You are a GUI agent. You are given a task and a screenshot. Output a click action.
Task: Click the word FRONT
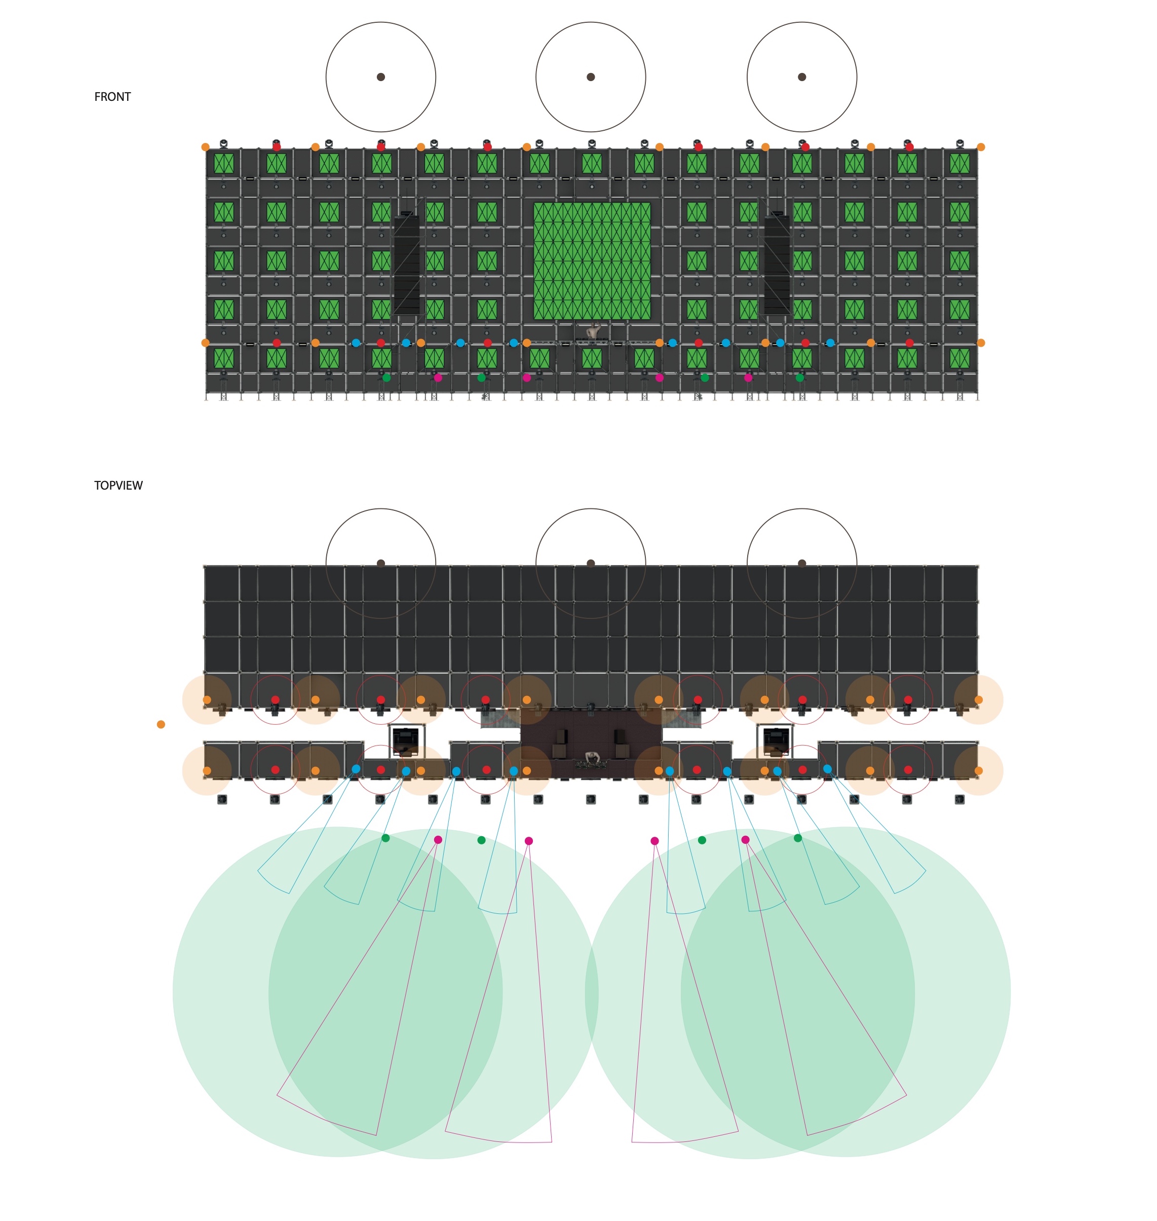click(x=112, y=97)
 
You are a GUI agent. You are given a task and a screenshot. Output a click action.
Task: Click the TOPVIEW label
click(x=119, y=486)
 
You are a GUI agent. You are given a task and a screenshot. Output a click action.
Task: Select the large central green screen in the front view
click(x=592, y=261)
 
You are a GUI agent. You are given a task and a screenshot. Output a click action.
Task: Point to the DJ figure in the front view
click(x=593, y=331)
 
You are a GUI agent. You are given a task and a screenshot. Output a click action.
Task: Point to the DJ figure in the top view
click(x=593, y=758)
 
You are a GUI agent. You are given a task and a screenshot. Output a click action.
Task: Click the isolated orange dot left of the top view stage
click(x=161, y=724)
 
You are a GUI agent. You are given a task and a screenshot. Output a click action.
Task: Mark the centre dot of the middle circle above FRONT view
click(x=591, y=77)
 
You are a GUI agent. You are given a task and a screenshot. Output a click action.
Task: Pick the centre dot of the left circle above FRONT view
click(x=381, y=77)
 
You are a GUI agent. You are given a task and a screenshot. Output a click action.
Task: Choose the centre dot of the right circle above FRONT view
click(x=802, y=77)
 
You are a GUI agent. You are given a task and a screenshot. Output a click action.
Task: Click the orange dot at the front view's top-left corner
click(x=205, y=147)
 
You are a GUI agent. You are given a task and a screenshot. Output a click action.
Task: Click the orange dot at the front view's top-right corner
click(x=981, y=147)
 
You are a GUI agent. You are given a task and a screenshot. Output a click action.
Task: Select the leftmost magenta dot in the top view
click(x=438, y=840)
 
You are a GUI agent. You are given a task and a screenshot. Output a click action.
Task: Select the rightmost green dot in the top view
click(x=797, y=838)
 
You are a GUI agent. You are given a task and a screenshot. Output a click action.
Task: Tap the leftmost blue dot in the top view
click(x=356, y=769)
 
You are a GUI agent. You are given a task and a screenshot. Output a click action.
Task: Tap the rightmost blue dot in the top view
click(x=828, y=769)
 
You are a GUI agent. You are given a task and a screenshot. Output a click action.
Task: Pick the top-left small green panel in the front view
click(x=224, y=164)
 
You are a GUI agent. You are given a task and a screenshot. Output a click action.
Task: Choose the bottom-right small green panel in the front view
click(x=959, y=358)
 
